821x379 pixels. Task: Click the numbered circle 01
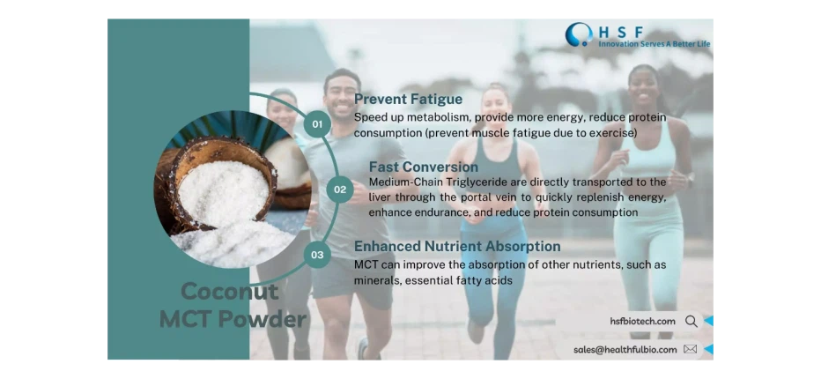tap(318, 124)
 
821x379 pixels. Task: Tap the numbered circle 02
tap(339, 189)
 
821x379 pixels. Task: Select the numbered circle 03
tap(317, 256)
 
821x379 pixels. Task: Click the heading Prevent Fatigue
tap(408, 100)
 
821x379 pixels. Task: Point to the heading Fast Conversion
tap(423, 167)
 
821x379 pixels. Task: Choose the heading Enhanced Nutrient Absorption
tap(457, 246)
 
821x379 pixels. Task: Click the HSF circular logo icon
tap(579, 34)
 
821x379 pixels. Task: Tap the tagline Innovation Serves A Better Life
tap(654, 43)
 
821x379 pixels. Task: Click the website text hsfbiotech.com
tap(642, 322)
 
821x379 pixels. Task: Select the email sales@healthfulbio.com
tap(625, 349)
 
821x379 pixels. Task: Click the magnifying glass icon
tap(691, 322)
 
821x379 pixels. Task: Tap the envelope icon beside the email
tap(690, 349)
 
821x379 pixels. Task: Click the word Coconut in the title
tap(217, 292)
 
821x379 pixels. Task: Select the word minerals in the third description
tap(379, 280)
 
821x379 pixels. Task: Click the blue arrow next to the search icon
tap(709, 322)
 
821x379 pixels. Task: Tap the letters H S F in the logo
tap(617, 30)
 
